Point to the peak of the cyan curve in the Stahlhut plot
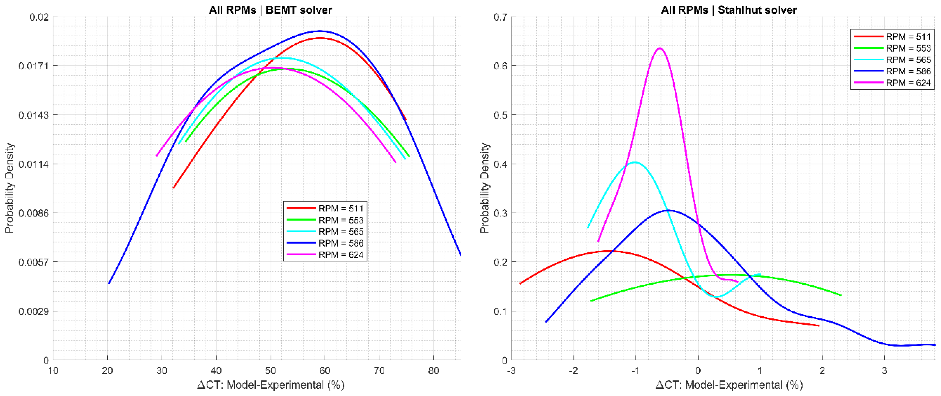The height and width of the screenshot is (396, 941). coord(635,162)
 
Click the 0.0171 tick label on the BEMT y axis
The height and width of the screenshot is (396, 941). coord(33,66)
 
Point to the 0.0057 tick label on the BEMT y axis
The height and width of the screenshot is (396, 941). coord(33,262)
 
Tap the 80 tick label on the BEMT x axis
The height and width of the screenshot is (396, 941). coord(434,371)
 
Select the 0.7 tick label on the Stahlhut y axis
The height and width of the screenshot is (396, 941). coord(501,17)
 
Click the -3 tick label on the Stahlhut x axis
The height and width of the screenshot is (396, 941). coord(511,371)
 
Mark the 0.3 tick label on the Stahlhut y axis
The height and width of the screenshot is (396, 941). coord(501,213)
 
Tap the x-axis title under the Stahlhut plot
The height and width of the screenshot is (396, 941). coord(729,385)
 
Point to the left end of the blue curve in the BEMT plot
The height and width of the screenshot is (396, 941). coord(109,283)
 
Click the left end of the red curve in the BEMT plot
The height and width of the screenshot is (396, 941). coord(173,188)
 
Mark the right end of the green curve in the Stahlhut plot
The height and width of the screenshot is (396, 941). coord(841,295)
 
